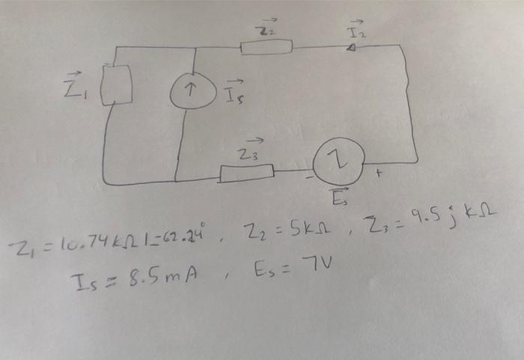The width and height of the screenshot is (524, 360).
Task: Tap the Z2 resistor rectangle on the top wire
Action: coord(266,48)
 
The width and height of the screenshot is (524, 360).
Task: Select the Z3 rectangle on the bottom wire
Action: coord(246,174)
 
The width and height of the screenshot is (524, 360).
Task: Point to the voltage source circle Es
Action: coord(338,163)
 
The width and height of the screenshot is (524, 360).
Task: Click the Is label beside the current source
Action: coord(233,92)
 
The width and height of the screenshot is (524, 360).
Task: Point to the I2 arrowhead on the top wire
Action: coord(352,47)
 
